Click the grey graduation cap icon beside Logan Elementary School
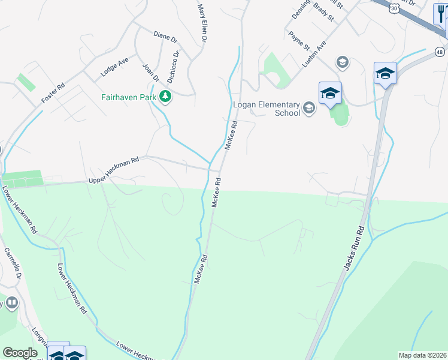point(309,108)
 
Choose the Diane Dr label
point(165,37)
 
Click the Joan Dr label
point(150,71)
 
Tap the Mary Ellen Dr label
point(202,23)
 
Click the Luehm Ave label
point(314,53)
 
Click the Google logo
point(20,353)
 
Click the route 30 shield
point(393,7)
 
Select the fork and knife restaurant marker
point(440,13)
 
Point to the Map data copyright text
point(422,355)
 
